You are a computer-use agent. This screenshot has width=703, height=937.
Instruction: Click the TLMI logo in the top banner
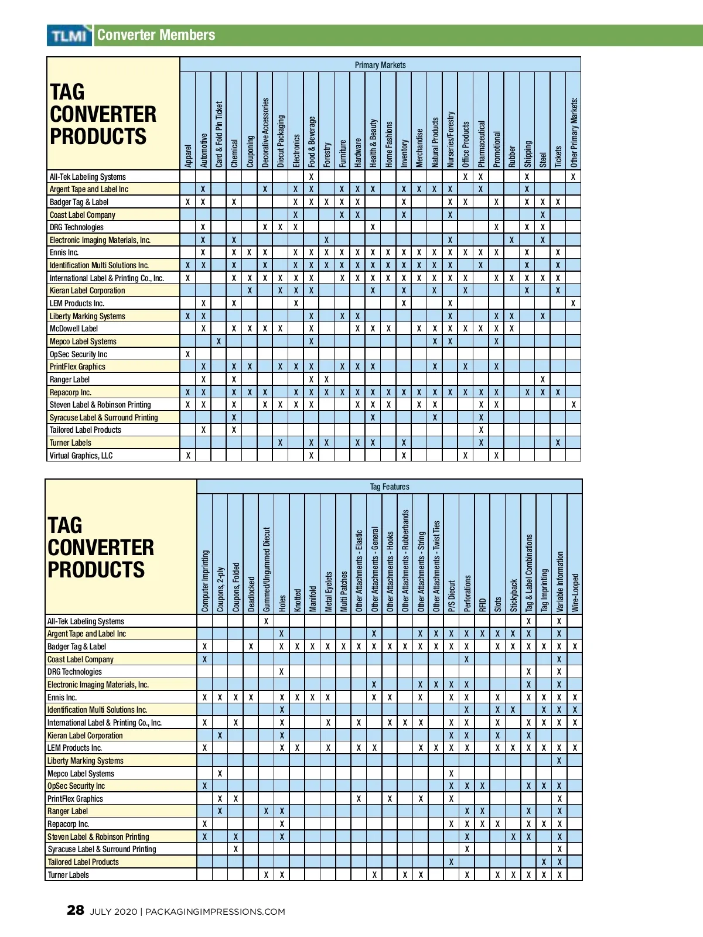coord(70,36)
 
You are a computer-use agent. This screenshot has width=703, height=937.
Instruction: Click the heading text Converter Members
coord(156,35)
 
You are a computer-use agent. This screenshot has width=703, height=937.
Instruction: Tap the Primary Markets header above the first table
coord(380,65)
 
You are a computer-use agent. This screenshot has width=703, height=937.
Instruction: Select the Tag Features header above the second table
coord(390,487)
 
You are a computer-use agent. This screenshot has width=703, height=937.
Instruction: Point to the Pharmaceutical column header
coord(482,144)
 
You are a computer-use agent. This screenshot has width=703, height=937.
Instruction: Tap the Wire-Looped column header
coord(575,593)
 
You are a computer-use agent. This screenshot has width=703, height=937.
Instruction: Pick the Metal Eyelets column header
coord(328,591)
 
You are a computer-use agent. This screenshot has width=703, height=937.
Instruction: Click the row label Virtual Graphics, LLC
coord(81,456)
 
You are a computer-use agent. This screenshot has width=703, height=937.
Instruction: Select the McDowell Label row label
coord(74,329)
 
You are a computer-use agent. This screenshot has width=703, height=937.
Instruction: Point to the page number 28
coord(76,910)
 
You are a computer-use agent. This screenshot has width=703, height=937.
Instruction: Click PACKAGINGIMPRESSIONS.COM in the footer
coord(215,912)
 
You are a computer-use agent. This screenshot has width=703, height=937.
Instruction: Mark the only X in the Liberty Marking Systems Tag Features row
coord(559,761)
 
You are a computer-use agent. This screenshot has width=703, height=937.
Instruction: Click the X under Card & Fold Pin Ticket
coord(219,341)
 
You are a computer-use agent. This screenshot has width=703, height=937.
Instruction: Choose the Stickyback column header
coord(513,596)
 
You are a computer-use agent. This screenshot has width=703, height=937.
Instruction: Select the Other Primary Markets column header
coord(574,132)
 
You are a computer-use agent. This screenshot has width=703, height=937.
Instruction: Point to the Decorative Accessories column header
coord(265,133)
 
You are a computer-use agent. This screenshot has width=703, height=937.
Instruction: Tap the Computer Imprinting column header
coord(205,581)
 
